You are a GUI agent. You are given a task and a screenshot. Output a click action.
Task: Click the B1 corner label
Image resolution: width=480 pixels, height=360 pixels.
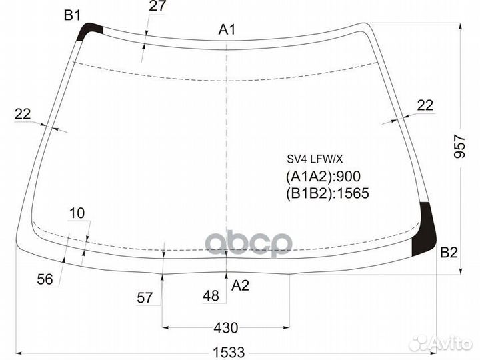(72, 15)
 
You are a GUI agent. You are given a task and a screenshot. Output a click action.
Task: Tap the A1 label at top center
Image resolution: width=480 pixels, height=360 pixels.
(227, 30)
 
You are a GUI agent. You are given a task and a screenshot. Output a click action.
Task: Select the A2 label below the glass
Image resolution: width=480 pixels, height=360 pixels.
(240, 285)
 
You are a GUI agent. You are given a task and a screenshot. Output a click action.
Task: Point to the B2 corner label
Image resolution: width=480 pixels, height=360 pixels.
(449, 253)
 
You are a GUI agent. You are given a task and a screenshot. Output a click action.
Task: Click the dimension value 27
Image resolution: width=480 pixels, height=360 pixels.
(157, 6)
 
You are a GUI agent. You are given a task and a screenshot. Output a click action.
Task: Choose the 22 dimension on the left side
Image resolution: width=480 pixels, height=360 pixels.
(23, 114)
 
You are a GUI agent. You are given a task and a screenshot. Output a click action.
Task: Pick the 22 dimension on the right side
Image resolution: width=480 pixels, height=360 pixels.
(425, 105)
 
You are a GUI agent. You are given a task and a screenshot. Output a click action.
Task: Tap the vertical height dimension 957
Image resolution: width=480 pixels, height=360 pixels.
(459, 146)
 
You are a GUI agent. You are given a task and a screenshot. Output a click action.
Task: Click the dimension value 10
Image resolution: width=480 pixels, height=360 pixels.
(77, 213)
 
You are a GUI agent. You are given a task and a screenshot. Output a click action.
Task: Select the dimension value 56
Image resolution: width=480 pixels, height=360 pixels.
(45, 279)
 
